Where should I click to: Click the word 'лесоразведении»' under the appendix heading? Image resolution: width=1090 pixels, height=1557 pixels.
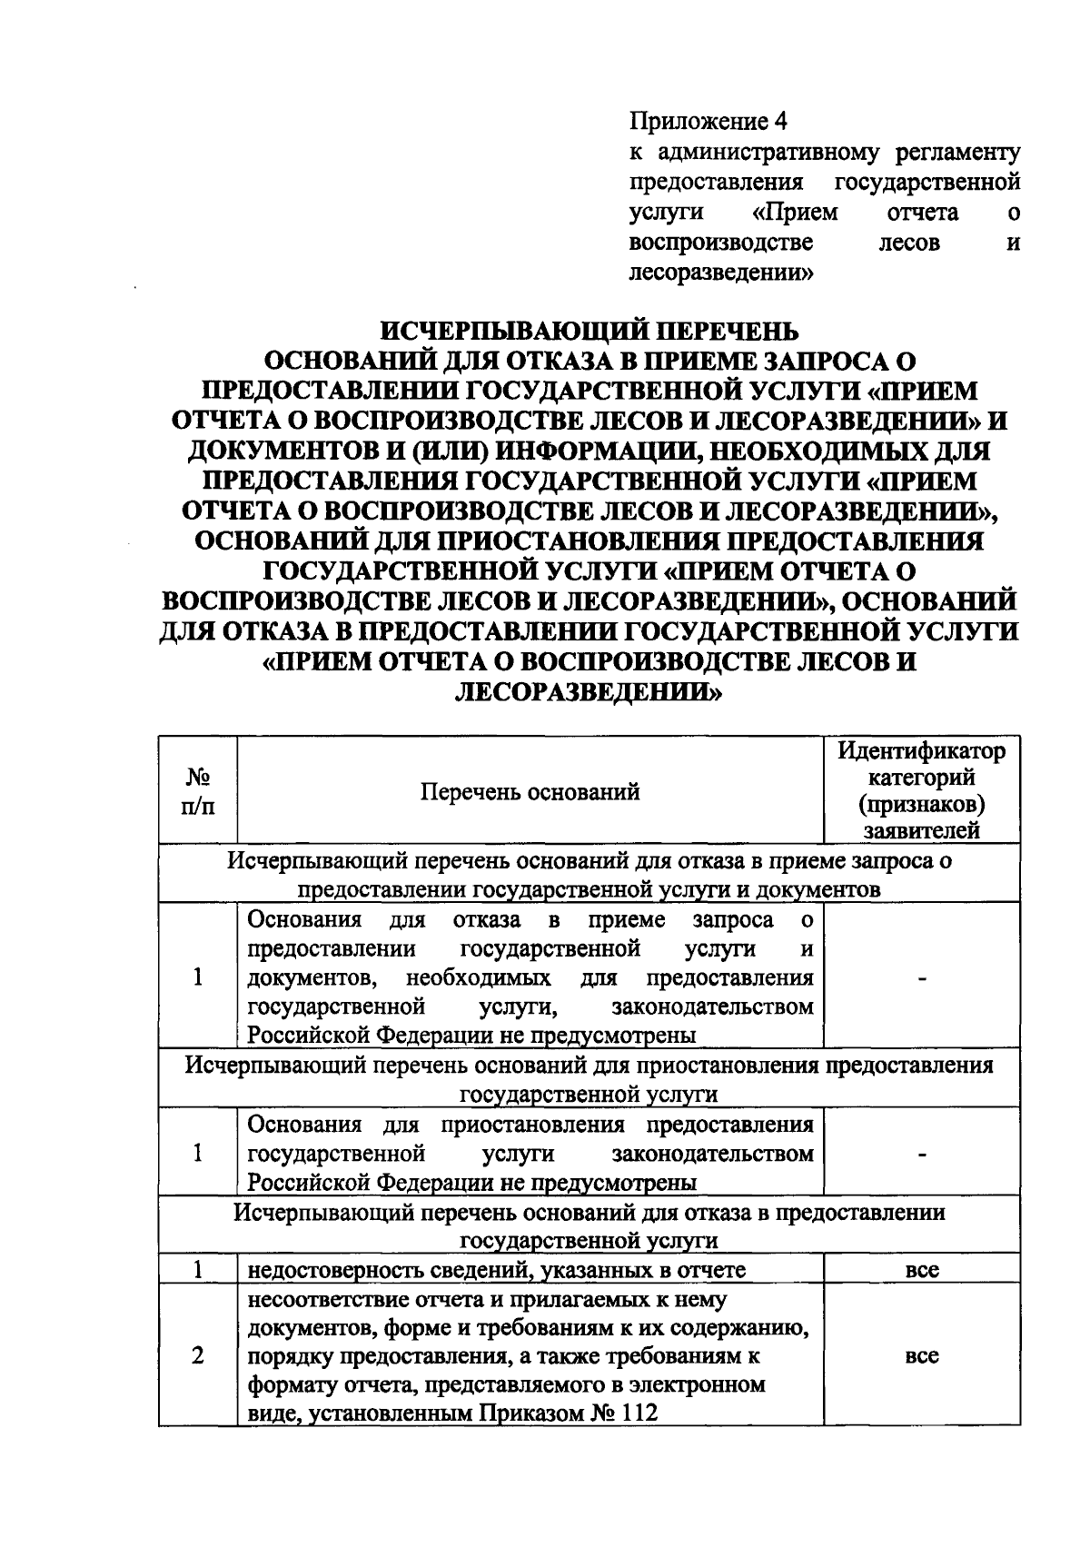[719, 272]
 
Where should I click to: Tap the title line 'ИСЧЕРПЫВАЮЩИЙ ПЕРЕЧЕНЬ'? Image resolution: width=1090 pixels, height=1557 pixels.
[588, 330]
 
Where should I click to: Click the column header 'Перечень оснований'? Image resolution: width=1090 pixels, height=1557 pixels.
[530, 791]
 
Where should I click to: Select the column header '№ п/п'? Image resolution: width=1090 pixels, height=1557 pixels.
[199, 791]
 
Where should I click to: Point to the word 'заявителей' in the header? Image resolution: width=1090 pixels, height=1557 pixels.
[921, 829]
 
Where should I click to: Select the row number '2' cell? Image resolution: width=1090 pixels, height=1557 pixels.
[198, 1355]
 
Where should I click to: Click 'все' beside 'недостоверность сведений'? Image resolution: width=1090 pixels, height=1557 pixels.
[922, 1270]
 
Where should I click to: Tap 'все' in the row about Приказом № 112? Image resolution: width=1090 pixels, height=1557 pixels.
[922, 1356]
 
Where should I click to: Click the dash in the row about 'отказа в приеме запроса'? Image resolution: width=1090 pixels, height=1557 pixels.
[922, 978]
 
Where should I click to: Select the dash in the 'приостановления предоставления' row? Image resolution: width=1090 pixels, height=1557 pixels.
[922, 1154]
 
